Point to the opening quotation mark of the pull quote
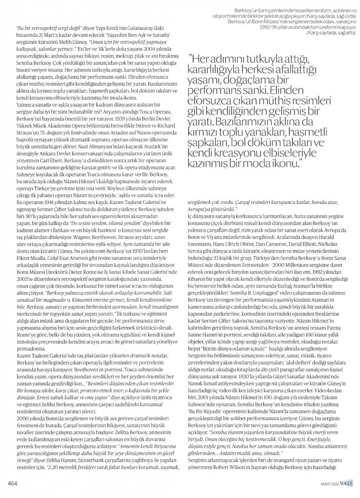pyautogui.click(x=191, y=57)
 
